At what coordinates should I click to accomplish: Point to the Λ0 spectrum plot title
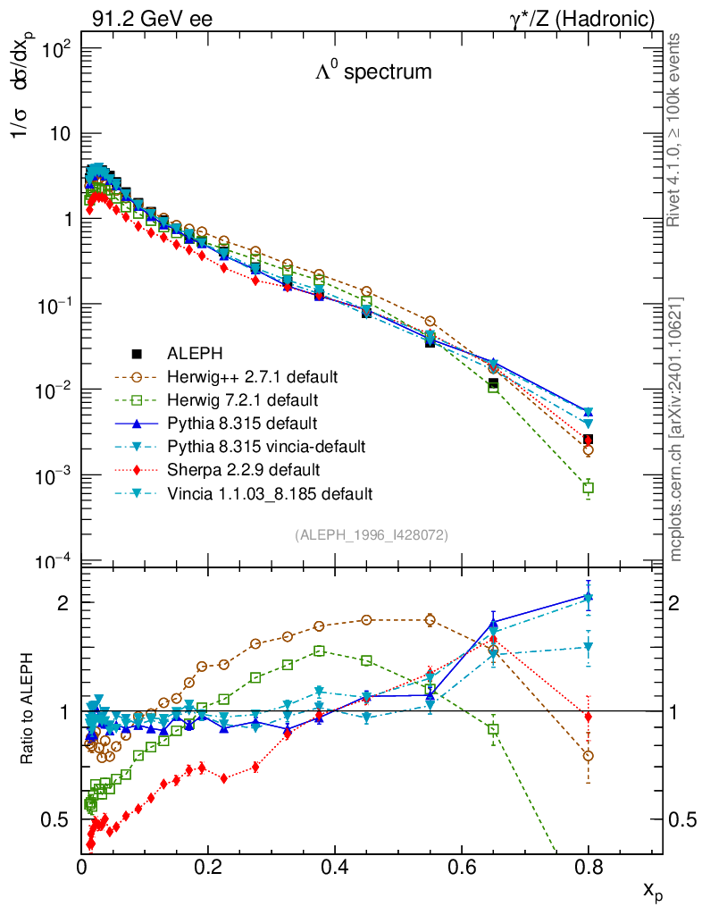pyautogui.click(x=373, y=72)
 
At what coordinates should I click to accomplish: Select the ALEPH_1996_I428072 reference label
pyautogui.click(x=372, y=534)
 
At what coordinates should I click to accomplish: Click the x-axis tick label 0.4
pyautogui.click(x=335, y=866)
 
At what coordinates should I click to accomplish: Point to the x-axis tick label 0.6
pyautogui.click(x=462, y=866)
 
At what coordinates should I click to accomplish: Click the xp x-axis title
pyautogui.click(x=652, y=890)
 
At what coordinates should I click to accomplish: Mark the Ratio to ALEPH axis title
pyautogui.click(x=29, y=709)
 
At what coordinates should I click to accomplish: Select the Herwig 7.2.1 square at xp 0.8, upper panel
pyautogui.click(x=589, y=488)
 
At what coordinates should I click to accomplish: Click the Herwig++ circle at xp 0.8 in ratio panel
pyautogui.click(x=589, y=756)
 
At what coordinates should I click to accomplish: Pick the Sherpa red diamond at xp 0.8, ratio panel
pyautogui.click(x=589, y=717)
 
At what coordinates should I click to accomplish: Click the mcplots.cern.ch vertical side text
pyautogui.click(x=677, y=429)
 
